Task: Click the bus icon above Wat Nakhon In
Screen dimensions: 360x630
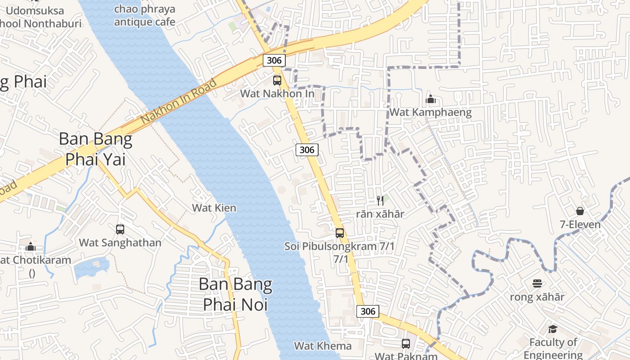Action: pyautogui.click(x=277, y=81)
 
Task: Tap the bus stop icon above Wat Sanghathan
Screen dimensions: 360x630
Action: pyautogui.click(x=120, y=229)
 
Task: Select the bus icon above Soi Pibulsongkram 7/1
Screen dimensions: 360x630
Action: pyautogui.click(x=340, y=233)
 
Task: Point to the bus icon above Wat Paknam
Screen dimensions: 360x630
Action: pyautogui.click(x=406, y=344)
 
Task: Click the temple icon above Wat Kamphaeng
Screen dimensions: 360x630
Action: pyautogui.click(x=431, y=99)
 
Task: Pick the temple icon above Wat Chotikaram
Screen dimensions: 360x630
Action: pyautogui.click(x=31, y=247)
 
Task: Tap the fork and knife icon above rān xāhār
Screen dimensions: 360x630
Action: pyautogui.click(x=380, y=200)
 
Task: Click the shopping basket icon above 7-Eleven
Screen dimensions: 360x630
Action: pyautogui.click(x=580, y=211)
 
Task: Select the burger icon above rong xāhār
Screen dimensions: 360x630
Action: pyautogui.click(x=537, y=283)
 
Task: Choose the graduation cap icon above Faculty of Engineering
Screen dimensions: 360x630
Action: pyautogui.click(x=553, y=329)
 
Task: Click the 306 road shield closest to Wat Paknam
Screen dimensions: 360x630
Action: pyautogui.click(x=368, y=311)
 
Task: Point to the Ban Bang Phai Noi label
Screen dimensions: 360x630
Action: pyautogui.click(x=235, y=294)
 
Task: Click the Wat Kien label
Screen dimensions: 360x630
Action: pyautogui.click(x=214, y=208)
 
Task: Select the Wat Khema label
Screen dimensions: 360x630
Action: pyautogui.click(x=323, y=346)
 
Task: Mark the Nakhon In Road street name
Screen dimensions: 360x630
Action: pyautogui.click(x=179, y=102)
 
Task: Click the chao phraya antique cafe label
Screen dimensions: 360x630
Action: pyautogui.click(x=144, y=15)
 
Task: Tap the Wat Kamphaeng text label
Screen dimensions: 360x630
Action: pyautogui.click(x=430, y=112)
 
